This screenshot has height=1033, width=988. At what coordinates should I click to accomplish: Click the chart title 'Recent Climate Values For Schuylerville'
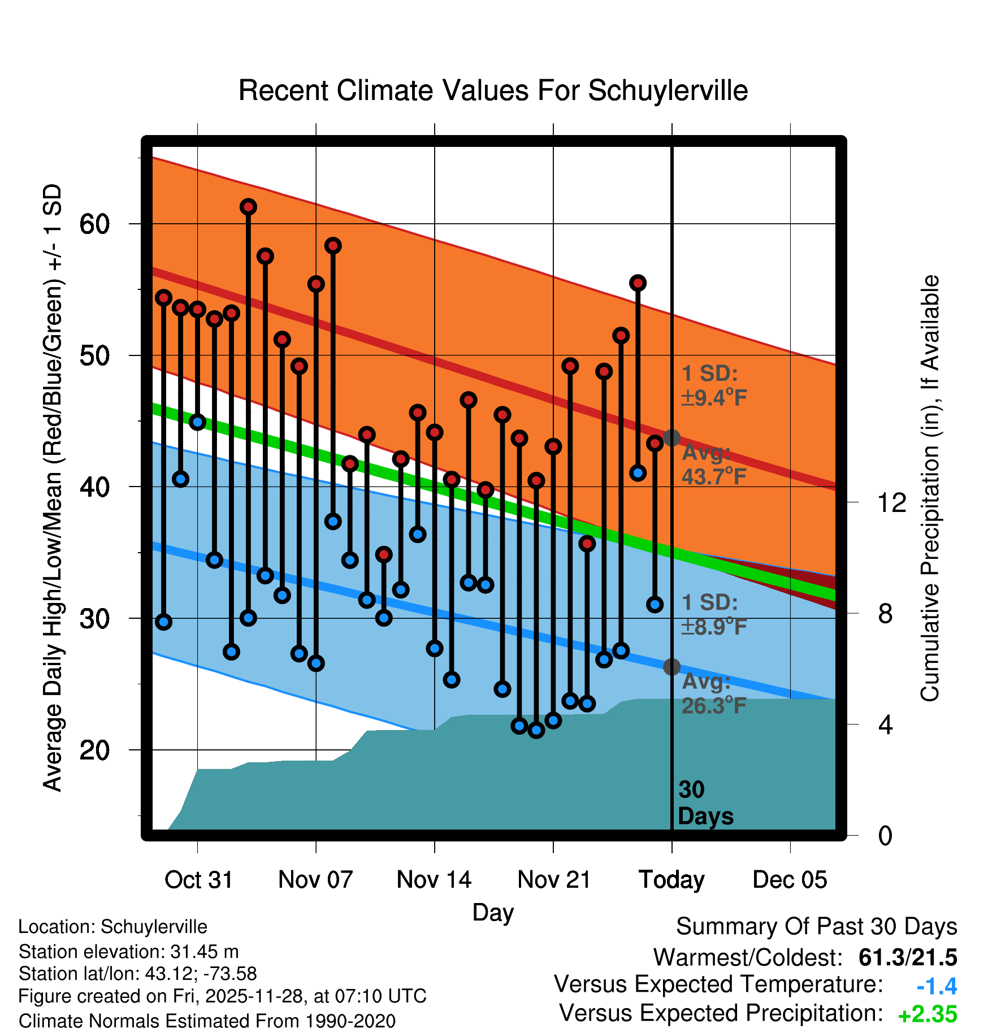(493, 90)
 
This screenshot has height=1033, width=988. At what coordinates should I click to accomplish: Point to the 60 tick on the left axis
(94, 224)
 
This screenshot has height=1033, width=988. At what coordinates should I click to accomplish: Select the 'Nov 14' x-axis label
(434, 880)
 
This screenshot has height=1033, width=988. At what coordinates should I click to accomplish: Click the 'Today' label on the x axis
(671, 880)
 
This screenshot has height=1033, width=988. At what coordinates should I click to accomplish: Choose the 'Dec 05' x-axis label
(790, 880)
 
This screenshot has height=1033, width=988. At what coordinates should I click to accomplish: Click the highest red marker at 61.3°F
(248, 207)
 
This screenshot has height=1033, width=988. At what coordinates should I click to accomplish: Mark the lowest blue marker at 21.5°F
(536, 730)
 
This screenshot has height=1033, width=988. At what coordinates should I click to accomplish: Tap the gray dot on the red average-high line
(671, 437)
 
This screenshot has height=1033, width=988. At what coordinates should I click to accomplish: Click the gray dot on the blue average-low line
(671, 667)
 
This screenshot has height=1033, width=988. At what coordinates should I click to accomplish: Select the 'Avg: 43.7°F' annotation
(714, 465)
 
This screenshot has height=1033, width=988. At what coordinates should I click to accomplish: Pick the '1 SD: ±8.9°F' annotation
(714, 614)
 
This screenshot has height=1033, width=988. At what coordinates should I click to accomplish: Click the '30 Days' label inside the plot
(705, 803)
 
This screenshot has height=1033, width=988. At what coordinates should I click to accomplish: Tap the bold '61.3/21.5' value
(907, 957)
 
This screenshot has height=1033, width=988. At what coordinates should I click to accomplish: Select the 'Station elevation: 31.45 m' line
(128, 952)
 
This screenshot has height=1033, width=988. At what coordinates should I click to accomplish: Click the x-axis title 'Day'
(493, 912)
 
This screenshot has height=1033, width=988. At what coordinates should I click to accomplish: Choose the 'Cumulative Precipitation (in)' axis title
(930, 488)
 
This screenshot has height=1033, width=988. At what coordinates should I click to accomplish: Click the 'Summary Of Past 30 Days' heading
(816, 927)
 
